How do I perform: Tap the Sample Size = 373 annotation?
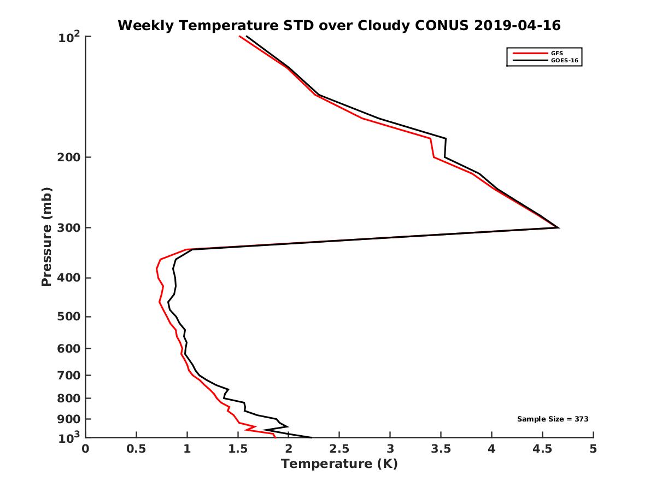pyautogui.click(x=553, y=419)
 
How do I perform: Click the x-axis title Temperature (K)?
pyautogui.click(x=339, y=464)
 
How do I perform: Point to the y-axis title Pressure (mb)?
pyautogui.click(x=46, y=237)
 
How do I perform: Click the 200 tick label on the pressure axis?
pyautogui.click(x=68, y=157)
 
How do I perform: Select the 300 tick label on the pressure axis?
pyautogui.click(x=68, y=227)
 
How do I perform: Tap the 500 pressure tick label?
pyautogui.click(x=68, y=317)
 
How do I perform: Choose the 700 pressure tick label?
pyautogui.click(x=68, y=375)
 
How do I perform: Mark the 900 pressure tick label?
pyautogui.click(x=68, y=419)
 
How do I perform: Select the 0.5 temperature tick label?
pyautogui.click(x=136, y=449)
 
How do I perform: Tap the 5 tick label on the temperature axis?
pyautogui.click(x=593, y=449)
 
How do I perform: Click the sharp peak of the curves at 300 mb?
pyautogui.click(x=558, y=227)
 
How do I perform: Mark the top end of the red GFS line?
pyautogui.click(x=240, y=37)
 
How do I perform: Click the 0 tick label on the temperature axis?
pyautogui.click(x=86, y=449)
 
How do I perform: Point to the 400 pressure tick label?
pyautogui.click(x=68, y=278)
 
